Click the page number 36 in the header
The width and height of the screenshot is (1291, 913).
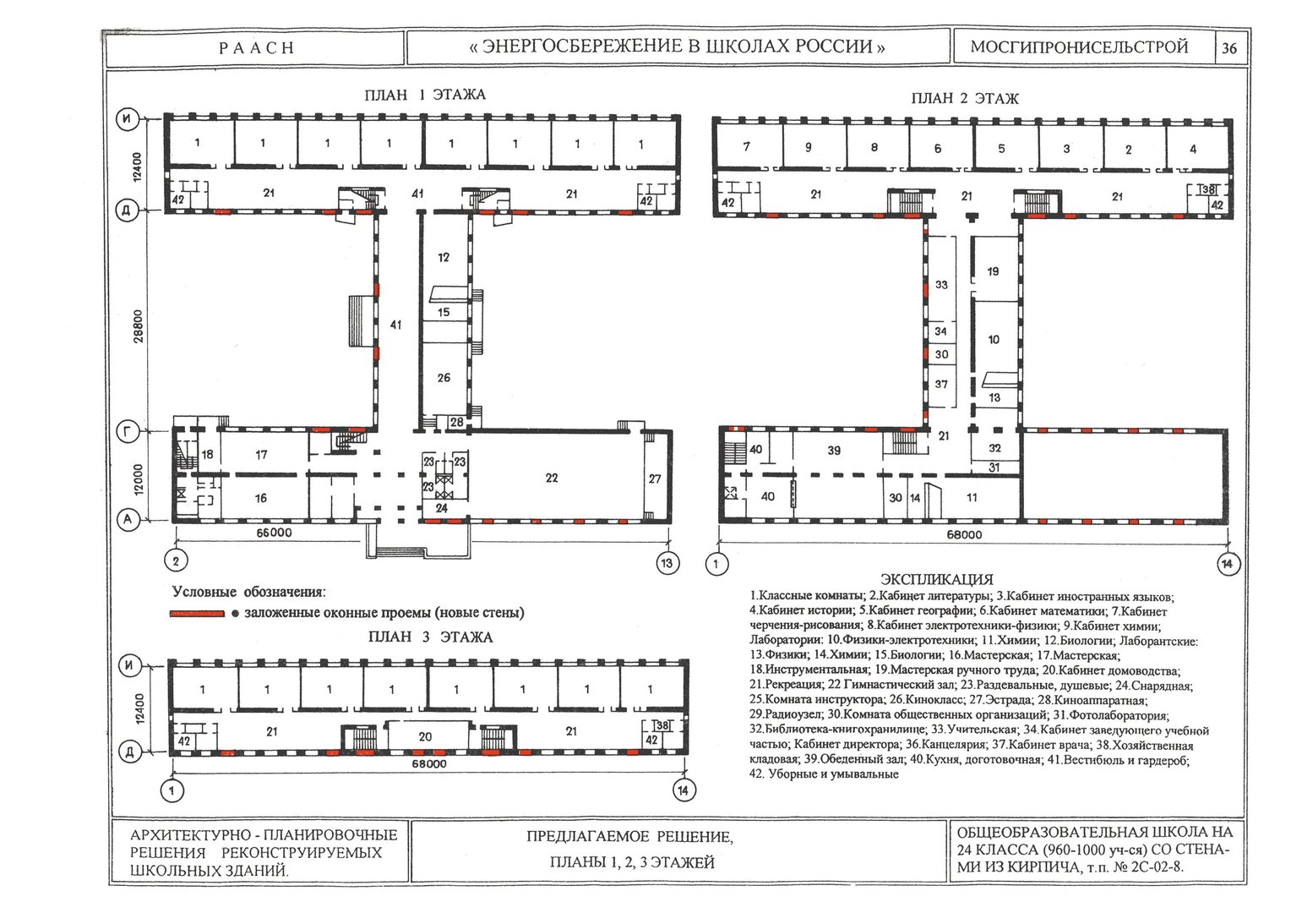tap(1228, 48)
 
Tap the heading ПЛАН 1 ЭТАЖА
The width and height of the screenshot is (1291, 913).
tap(425, 95)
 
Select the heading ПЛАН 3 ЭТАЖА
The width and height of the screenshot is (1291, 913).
tap(431, 637)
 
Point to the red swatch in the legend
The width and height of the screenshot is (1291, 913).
tap(197, 614)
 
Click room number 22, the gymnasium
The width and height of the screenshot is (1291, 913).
tap(552, 478)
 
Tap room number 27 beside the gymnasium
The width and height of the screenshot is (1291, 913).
tap(655, 478)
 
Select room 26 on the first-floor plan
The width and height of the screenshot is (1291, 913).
tap(444, 378)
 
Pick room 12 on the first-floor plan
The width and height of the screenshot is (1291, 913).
tap(443, 257)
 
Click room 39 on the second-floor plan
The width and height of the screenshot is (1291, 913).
tap(834, 451)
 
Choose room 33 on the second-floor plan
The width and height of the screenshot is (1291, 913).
tap(941, 284)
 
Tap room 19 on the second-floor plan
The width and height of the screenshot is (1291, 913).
tap(993, 271)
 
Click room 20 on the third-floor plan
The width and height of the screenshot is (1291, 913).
tap(425, 736)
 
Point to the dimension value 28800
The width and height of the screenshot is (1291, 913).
tap(139, 326)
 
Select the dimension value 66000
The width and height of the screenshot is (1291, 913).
tap(274, 533)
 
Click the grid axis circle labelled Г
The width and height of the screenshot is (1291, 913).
tap(128, 431)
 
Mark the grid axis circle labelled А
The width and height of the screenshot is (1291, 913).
tap(128, 520)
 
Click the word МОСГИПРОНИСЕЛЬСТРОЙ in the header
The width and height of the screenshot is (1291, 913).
tap(1079, 46)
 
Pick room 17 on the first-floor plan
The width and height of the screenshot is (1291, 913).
tap(261, 455)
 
